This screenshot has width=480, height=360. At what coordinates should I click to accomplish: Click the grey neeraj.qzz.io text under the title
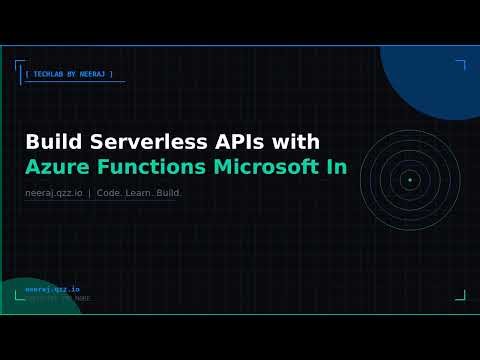click(x=54, y=192)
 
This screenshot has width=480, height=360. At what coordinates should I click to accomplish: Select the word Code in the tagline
click(x=109, y=192)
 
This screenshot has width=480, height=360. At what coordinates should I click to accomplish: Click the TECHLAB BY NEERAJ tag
click(x=69, y=74)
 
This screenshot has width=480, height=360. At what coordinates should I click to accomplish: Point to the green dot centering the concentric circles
click(x=409, y=180)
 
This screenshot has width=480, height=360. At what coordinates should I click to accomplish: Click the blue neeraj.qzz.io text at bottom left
click(x=52, y=289)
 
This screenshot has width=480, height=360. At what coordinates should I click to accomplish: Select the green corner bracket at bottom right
click(x=461, y=295)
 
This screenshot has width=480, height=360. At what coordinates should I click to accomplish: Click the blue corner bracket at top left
click(x=19, y=65)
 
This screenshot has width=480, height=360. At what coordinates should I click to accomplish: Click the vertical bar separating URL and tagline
click(x=89, y=192)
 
